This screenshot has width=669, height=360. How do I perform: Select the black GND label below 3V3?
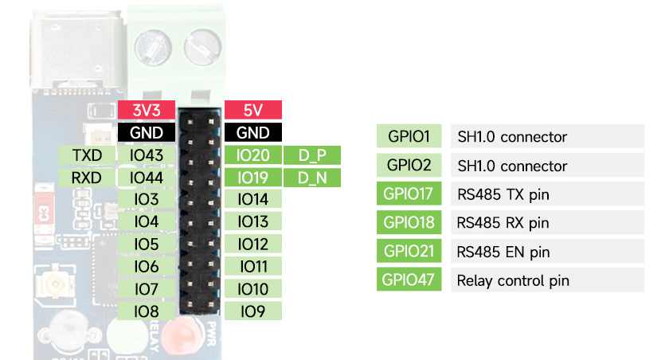coord(146,132)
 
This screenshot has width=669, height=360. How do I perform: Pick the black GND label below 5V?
coord(253,132)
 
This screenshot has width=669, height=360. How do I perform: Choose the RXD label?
coord(87,178)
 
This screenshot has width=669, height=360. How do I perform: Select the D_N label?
coord(312,178)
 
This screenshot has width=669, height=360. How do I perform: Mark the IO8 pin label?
coord(146,311)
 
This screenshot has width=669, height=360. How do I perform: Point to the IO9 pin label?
coord(253,311)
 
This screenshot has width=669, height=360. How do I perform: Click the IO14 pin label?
coord(253,199)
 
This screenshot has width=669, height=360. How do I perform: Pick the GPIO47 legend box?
coord(409,280)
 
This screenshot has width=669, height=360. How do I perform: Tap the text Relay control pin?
coord(513,280)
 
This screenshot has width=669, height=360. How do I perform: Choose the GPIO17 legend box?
coord(409,194)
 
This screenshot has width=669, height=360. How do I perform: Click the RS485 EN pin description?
coord(503,252)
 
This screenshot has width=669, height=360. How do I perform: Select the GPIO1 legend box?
coord(409,136)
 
